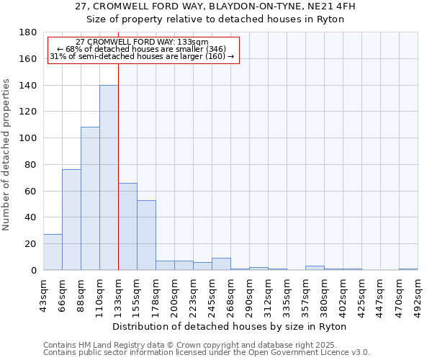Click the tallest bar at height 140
(x=109, y=178)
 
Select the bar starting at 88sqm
(x=90, y=199)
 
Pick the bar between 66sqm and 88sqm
(x=71, y=220)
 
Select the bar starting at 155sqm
(x=146, y=235)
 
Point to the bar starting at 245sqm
(x=221, y=264)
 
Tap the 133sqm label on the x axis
(x=118, y=294)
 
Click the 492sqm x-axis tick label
(x=418, y=294)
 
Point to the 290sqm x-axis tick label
(x=249, y=294)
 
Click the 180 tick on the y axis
(x=29, y=32)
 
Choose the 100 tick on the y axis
(x=29, y=138)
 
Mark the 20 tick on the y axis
(x=31, y=244)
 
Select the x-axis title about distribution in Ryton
(x=230, y=327)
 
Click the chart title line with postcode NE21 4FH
(x=215, y=6)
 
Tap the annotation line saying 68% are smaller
(x=143, y=49)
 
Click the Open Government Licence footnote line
(x=207, y=352)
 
